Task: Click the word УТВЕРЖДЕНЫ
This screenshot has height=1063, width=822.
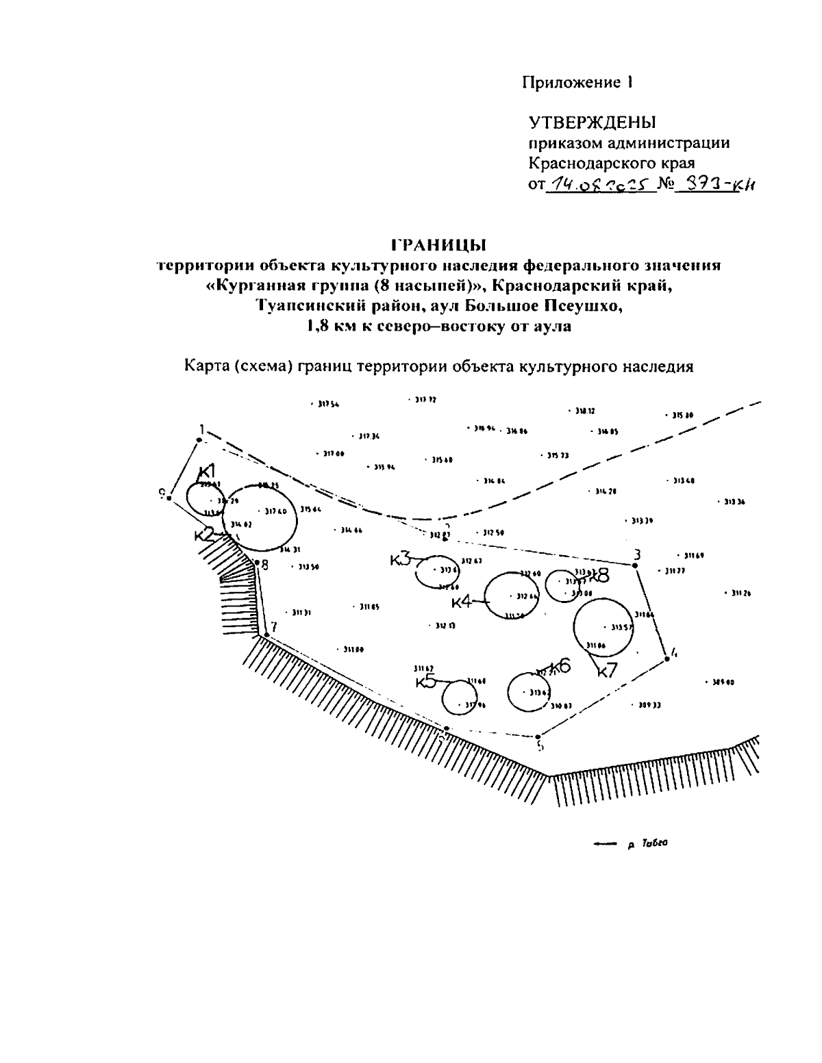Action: pyautogui.click(x=593, y=123)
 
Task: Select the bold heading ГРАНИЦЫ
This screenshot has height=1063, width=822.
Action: pyautogui.click(x=438, y=244)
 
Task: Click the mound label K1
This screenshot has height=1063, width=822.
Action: pyautogui.click(x=207, y=471)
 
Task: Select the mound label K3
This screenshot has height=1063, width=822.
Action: pyautogui.click(x=401, y=559)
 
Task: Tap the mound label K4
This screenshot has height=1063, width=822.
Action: pyautogui.click(x=462, y=602)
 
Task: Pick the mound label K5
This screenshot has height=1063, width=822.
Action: pyautogui.click(x=426, y=682)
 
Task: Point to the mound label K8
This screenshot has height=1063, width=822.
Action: pyautogui.click(x=599, y=575)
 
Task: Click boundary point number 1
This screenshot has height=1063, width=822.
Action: pyautogui.click(x=201, y=429)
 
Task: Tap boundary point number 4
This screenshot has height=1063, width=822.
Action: pyautogui.click(x=674, y=652)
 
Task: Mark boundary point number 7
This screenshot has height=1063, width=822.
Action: pyautogui.click(x=274, y=626)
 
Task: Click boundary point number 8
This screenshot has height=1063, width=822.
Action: pyautogui.click(x=264, y=565)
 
